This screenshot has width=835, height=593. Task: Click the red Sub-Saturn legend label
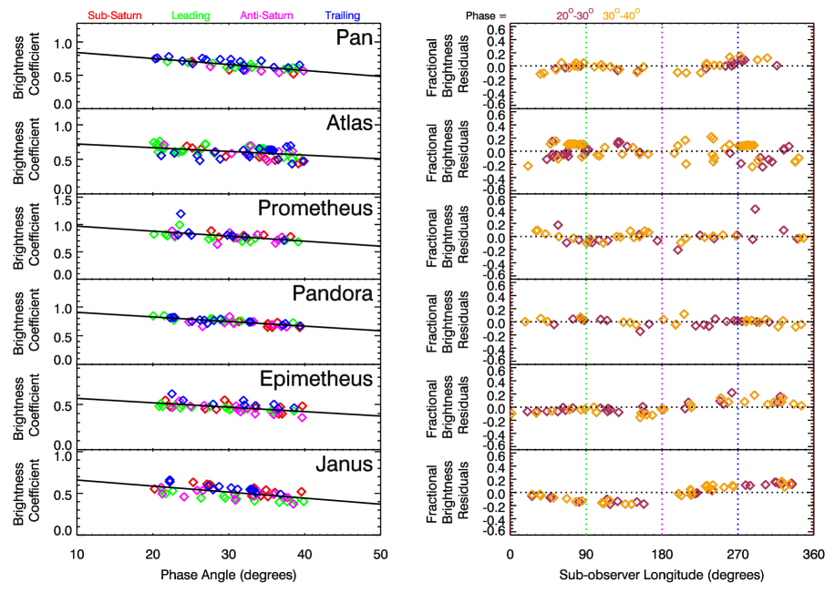click(x=115, y=15)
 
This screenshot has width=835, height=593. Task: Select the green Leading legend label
click(x=191, y=15)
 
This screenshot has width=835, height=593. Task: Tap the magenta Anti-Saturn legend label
click(x=266, y=15)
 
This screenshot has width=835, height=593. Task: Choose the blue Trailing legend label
click(x=343, y=15)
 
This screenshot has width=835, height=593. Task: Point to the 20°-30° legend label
click(x=574, y=15)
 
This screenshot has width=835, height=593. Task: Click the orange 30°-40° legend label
click(x=621, y=15)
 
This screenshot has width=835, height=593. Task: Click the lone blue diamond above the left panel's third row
click(x=180, y=214)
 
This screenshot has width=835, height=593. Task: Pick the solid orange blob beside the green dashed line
click(x=574, y=144)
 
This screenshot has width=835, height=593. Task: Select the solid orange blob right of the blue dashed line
click(x=747, y=145)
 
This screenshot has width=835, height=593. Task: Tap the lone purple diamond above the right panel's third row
click(x=755, y=210)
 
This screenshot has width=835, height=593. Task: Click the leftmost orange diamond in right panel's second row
click(x=528, y=166)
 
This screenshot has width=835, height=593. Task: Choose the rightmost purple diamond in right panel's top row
click(x=777, y=66)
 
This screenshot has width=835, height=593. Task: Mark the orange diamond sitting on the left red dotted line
click(x=511, y=413)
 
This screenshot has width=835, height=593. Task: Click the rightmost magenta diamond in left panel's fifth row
click(x=303, y=417)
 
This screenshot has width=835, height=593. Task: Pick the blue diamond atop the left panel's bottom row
click(x=170, y=479)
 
